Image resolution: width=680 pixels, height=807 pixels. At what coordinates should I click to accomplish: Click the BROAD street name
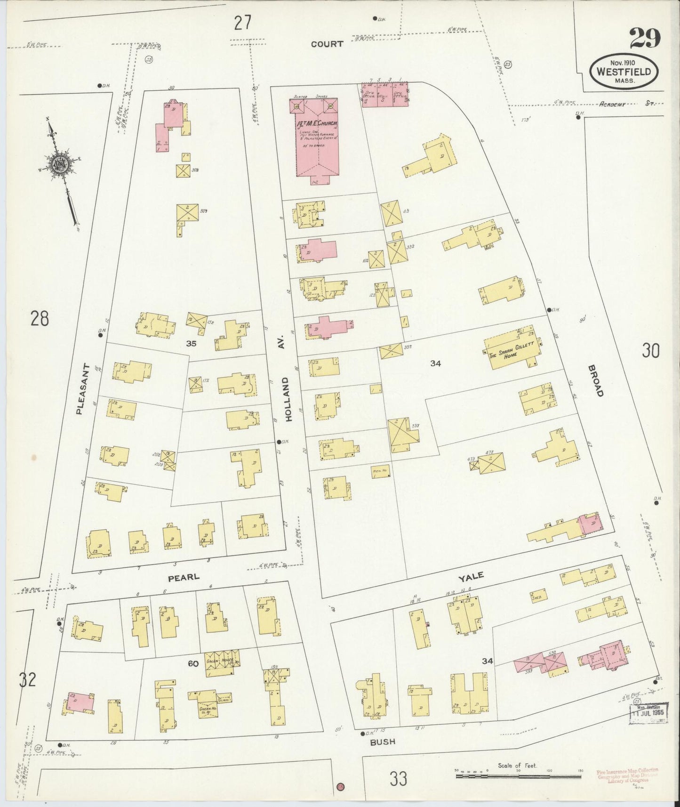point(595,380)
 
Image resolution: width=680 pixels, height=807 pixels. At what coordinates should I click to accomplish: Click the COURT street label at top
point(327,44)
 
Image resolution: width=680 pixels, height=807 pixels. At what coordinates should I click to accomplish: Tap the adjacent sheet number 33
point(398,779)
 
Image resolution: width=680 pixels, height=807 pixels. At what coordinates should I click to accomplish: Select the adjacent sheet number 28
point(40,319)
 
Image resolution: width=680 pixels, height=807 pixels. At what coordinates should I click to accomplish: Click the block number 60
point(193,664)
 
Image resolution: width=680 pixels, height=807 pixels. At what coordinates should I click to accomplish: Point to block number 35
point(191,344)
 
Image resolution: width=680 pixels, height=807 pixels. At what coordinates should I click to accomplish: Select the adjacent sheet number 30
point(650,351)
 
